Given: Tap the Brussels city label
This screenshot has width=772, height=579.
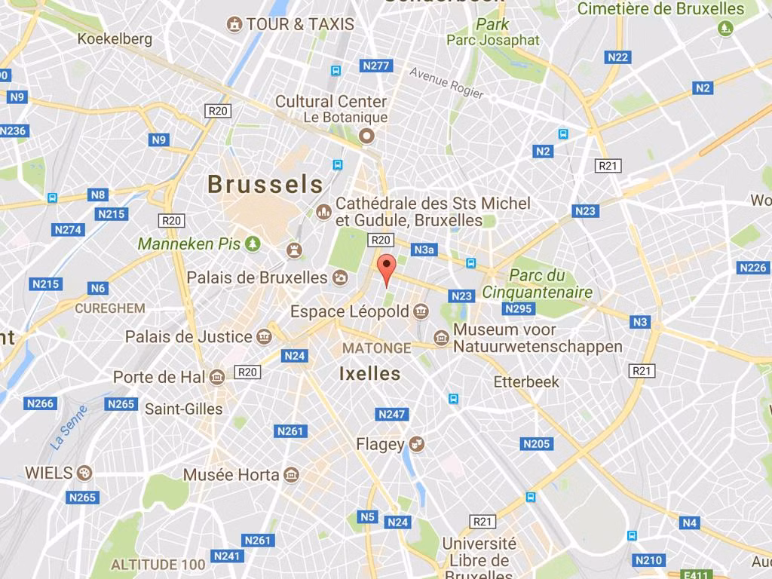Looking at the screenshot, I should [x=265, y=184].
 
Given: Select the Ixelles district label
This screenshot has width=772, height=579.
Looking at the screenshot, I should [x=369, y=373].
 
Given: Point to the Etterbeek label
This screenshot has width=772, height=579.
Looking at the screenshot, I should [x=526, y=381].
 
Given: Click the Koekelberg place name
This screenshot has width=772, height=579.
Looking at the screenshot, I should [x=115, y=38].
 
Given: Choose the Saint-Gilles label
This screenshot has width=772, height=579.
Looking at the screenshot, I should [x=183, y=409].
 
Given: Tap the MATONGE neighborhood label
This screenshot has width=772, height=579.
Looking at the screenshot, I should [x=376, y=348].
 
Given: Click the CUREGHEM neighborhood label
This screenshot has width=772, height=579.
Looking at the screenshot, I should [x=109, y=308].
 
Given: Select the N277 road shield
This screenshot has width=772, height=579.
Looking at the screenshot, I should [x=376, y=66].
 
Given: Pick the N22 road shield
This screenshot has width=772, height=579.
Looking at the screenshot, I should [x=617, y=57].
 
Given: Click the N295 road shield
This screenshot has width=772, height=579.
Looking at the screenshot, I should [x=518, y=308].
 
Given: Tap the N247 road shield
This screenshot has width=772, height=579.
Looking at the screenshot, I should [x=392, y=414].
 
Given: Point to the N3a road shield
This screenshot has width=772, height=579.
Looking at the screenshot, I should [x=424, y=249].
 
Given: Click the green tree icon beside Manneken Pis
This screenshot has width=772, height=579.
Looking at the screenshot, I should [x=253, y=244].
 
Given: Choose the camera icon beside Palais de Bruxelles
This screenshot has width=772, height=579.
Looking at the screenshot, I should [x=340, y=277].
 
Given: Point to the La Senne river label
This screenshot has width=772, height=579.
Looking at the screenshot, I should [x=71, y=428].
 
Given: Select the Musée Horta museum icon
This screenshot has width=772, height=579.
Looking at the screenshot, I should [x=291, y=475].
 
